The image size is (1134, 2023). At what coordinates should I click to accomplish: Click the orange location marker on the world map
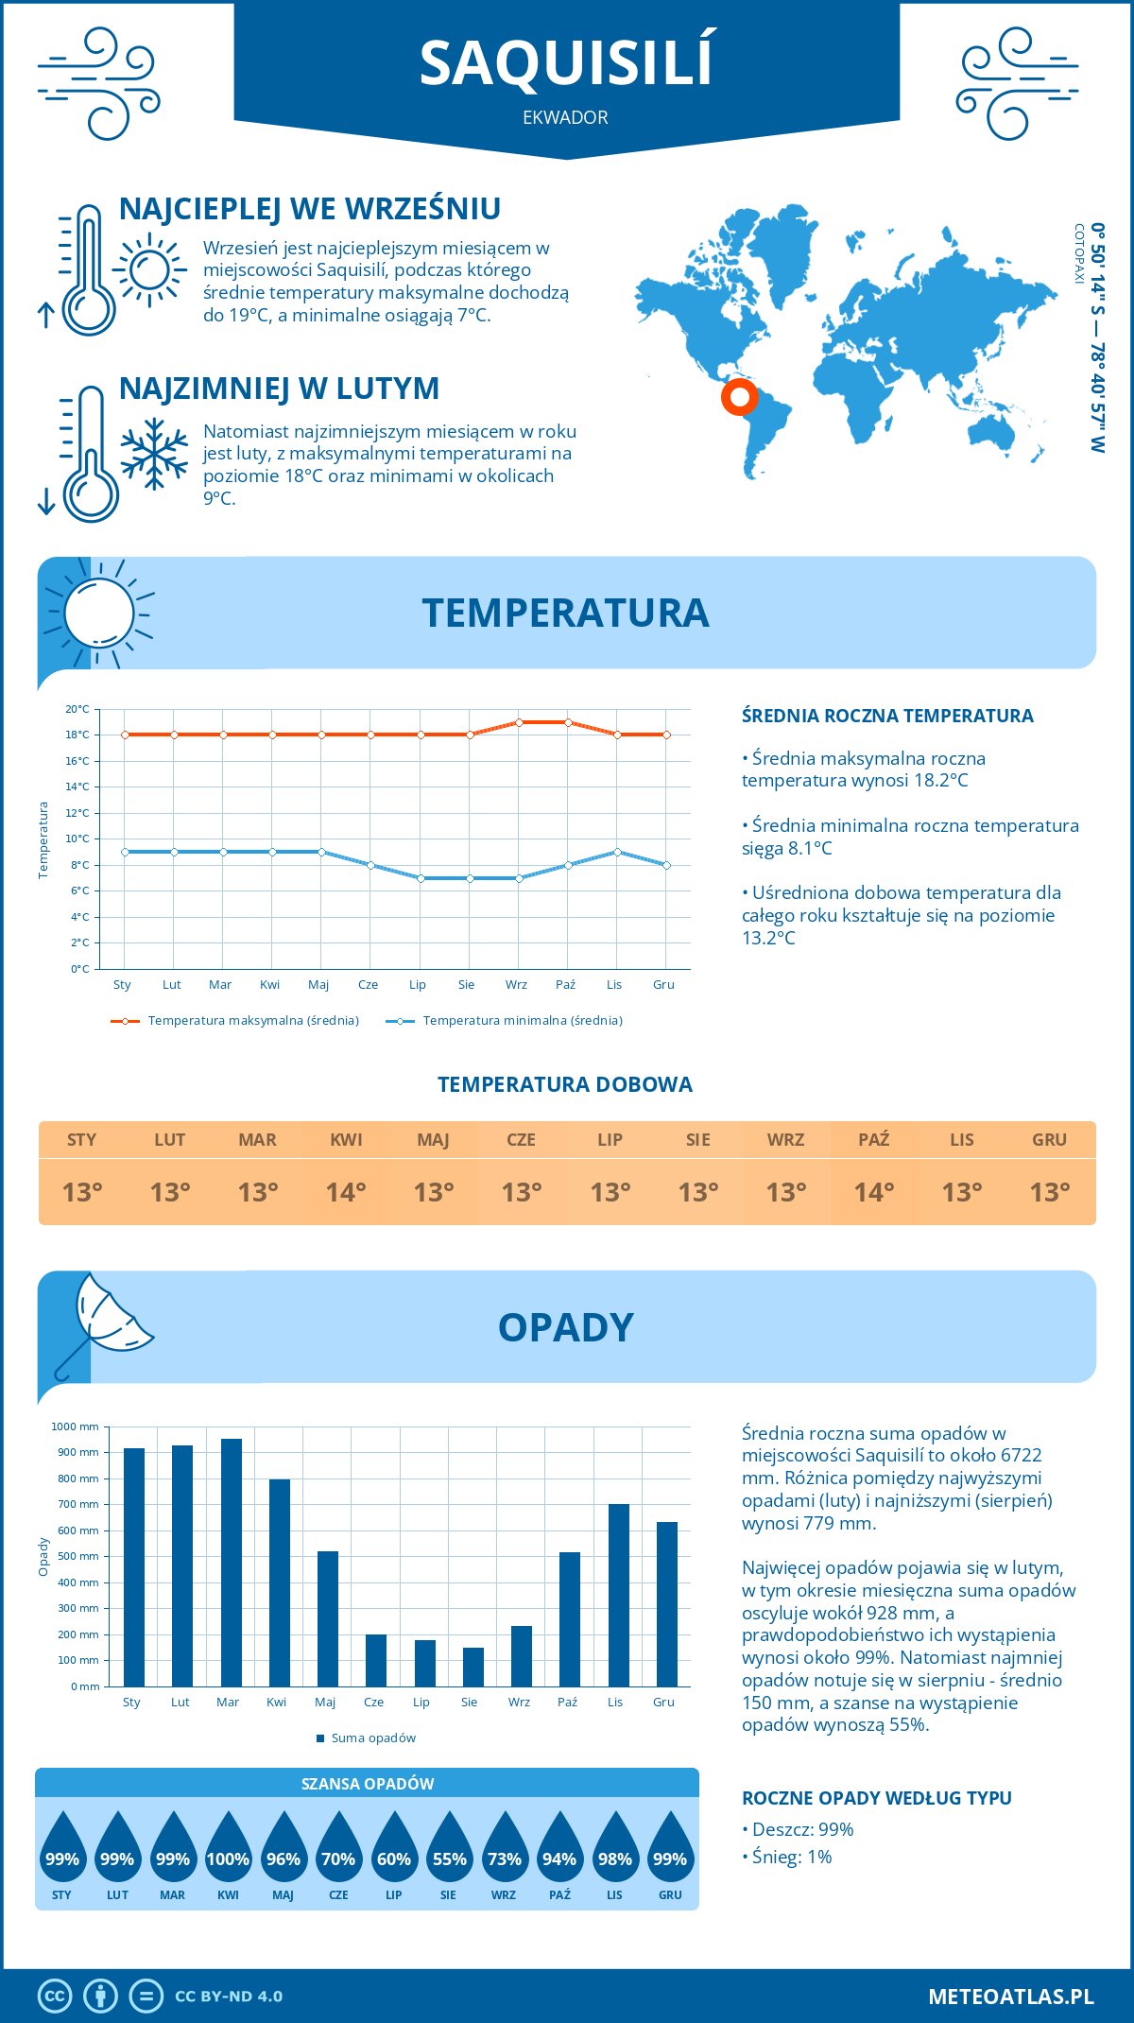tap(738, 396)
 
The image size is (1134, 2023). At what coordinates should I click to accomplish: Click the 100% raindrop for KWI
tap(228, 1858)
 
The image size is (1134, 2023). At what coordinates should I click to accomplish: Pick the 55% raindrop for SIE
tap(449, 1858)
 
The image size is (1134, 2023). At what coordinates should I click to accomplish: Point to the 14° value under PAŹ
tap(873, 1192)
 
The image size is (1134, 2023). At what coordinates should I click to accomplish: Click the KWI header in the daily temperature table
tap(346, 1140)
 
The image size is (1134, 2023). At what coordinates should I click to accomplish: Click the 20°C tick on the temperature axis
tap(77, 709)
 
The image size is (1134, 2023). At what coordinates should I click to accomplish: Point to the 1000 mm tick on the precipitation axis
tap(76, 1426)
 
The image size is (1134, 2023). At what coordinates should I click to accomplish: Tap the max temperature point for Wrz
tap(519, 722)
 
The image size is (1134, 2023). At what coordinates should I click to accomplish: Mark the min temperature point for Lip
tap(421, 878)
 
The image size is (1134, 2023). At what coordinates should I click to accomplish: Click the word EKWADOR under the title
tap(565, 118)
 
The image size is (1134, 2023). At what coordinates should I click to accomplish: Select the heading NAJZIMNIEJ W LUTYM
tap(279, 389)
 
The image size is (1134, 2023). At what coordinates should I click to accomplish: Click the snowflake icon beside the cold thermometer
tap(154, 454)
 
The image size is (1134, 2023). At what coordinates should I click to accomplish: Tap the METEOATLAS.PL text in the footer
tap(1010, 1997)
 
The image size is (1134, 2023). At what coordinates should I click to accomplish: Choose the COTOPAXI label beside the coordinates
tap(1078, 253)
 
